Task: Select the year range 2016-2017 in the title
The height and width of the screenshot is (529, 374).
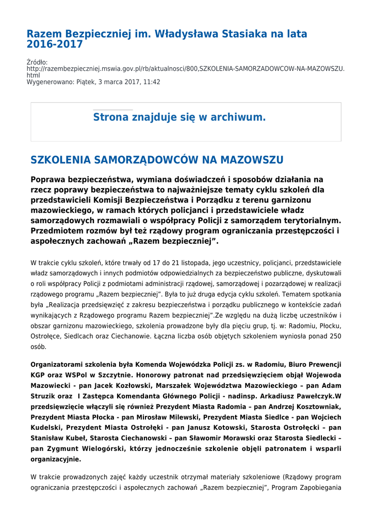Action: [55, 44]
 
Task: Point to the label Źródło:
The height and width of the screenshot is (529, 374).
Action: [37, 63]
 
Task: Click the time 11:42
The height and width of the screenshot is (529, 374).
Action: [151, 82]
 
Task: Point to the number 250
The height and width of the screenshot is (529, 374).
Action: [335, 336]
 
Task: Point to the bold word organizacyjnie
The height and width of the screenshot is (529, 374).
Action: [55, 459]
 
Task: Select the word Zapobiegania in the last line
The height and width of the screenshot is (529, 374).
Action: [319, 488]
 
